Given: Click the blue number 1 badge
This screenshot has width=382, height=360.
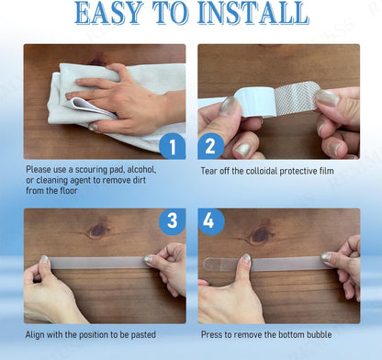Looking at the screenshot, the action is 173,146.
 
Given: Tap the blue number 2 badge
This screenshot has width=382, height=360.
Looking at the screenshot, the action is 211,146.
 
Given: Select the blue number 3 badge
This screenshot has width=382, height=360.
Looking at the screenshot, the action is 173,221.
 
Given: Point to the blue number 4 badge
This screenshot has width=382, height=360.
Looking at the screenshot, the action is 211,221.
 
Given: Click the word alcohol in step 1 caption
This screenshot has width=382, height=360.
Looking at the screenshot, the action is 141,170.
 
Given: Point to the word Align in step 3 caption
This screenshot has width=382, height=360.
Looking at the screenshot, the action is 35,335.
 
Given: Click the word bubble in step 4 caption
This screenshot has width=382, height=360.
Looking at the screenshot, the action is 319,334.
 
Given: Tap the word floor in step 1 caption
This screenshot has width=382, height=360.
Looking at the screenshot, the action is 69,191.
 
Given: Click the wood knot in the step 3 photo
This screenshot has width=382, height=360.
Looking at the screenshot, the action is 98,231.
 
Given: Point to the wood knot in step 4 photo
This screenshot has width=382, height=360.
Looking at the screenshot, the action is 260,235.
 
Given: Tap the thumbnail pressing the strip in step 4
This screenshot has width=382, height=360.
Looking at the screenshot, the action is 246,260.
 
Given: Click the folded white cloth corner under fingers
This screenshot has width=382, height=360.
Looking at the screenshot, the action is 89,107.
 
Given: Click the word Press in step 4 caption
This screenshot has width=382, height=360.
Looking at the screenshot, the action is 211,334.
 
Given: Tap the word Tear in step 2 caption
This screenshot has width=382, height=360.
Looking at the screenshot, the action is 208,171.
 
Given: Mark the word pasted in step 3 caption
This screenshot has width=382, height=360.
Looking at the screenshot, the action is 143,335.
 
